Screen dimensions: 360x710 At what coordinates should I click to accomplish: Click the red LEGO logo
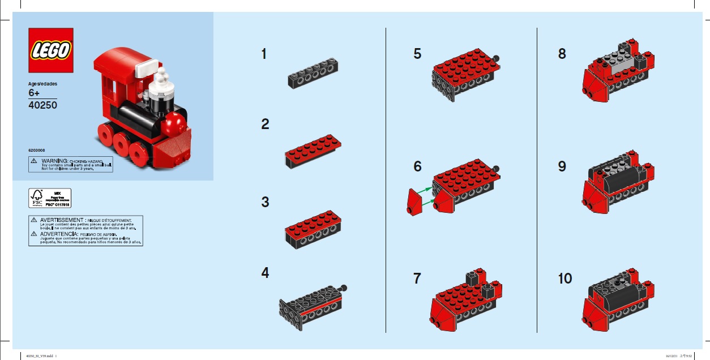51,50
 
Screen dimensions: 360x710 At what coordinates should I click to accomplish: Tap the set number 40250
42,105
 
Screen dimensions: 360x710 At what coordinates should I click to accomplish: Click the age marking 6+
35,93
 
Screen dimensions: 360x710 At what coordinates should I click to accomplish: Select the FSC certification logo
37,198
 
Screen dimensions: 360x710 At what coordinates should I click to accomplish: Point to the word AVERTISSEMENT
62,220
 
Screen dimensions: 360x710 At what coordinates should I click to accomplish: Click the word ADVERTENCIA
59,234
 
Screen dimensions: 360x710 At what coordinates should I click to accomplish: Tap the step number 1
264,54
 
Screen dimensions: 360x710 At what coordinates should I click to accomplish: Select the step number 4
265,273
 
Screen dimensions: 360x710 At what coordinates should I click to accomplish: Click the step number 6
418,166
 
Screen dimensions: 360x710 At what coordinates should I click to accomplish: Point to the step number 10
564,278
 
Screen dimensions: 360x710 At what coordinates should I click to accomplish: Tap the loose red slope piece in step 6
414,202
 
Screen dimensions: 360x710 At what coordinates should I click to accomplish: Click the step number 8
562,54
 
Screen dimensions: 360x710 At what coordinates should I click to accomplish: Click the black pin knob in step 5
497,57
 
